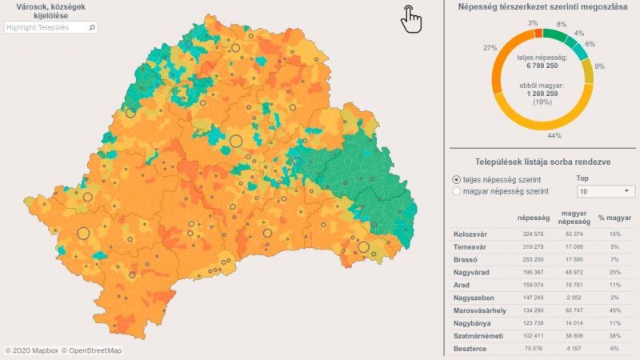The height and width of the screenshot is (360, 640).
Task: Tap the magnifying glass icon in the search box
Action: [91, 27]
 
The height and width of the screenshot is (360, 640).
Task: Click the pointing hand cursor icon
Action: [410, 18]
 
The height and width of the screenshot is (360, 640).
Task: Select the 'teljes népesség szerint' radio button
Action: [457, 180]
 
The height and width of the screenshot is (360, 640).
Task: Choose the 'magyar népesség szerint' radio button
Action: [457, 192]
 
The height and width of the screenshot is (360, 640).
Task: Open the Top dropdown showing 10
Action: [605, 192]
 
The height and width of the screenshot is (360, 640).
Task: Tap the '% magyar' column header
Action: [612, 217]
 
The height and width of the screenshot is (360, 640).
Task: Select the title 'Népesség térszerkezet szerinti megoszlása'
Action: [543, 6]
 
